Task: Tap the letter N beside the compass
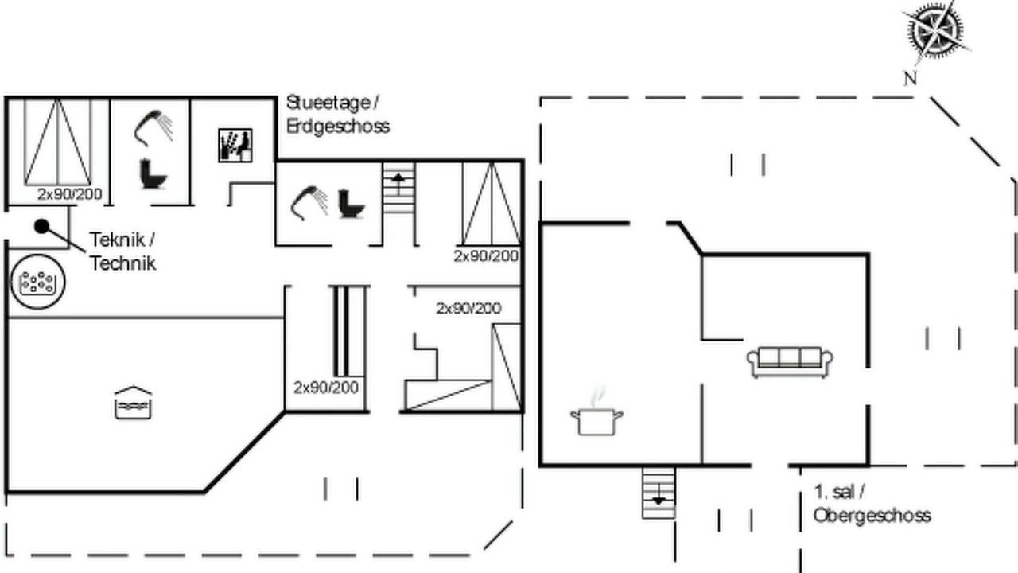[910, 79]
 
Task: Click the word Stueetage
[328, 103]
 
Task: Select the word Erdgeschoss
[338, 126]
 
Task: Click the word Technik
[122, 263]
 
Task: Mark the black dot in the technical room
[42, 226]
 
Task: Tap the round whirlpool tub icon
[37, 282]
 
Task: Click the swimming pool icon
[133, 403]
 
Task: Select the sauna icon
[235, 145]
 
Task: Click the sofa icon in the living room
[791, 362]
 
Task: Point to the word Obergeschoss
[872, 516]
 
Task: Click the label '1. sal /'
[839, 492]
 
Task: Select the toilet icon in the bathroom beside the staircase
[352, 205]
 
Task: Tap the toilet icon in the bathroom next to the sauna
[153, 173]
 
